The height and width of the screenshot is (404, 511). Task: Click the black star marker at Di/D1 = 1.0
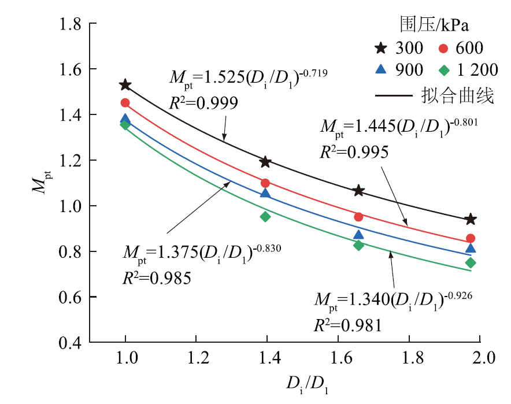point(125,85)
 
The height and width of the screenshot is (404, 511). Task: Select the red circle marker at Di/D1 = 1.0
point(125,103)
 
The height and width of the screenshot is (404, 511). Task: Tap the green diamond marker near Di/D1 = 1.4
point(265,217)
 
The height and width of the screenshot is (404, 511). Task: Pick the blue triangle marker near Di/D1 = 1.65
point(358,234)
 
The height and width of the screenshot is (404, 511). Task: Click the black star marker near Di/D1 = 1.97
point(471,219)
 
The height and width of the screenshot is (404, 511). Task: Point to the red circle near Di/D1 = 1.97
point(471,238)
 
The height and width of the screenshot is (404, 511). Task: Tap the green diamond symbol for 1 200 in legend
point(444,70)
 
